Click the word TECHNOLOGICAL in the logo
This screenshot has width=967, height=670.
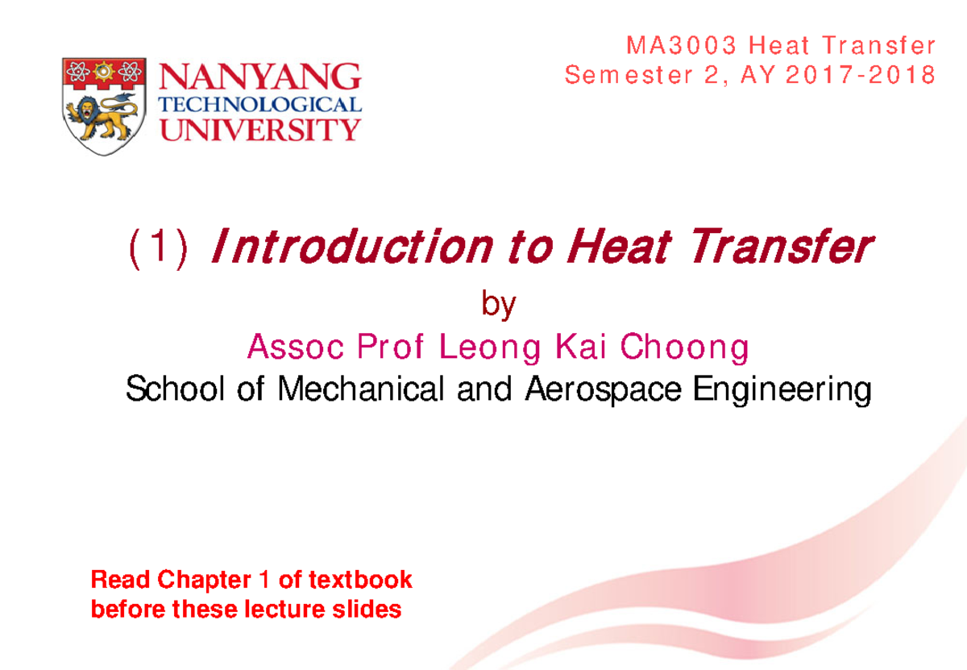pos(262,105)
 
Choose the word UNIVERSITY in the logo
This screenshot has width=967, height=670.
pos(262,128)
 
